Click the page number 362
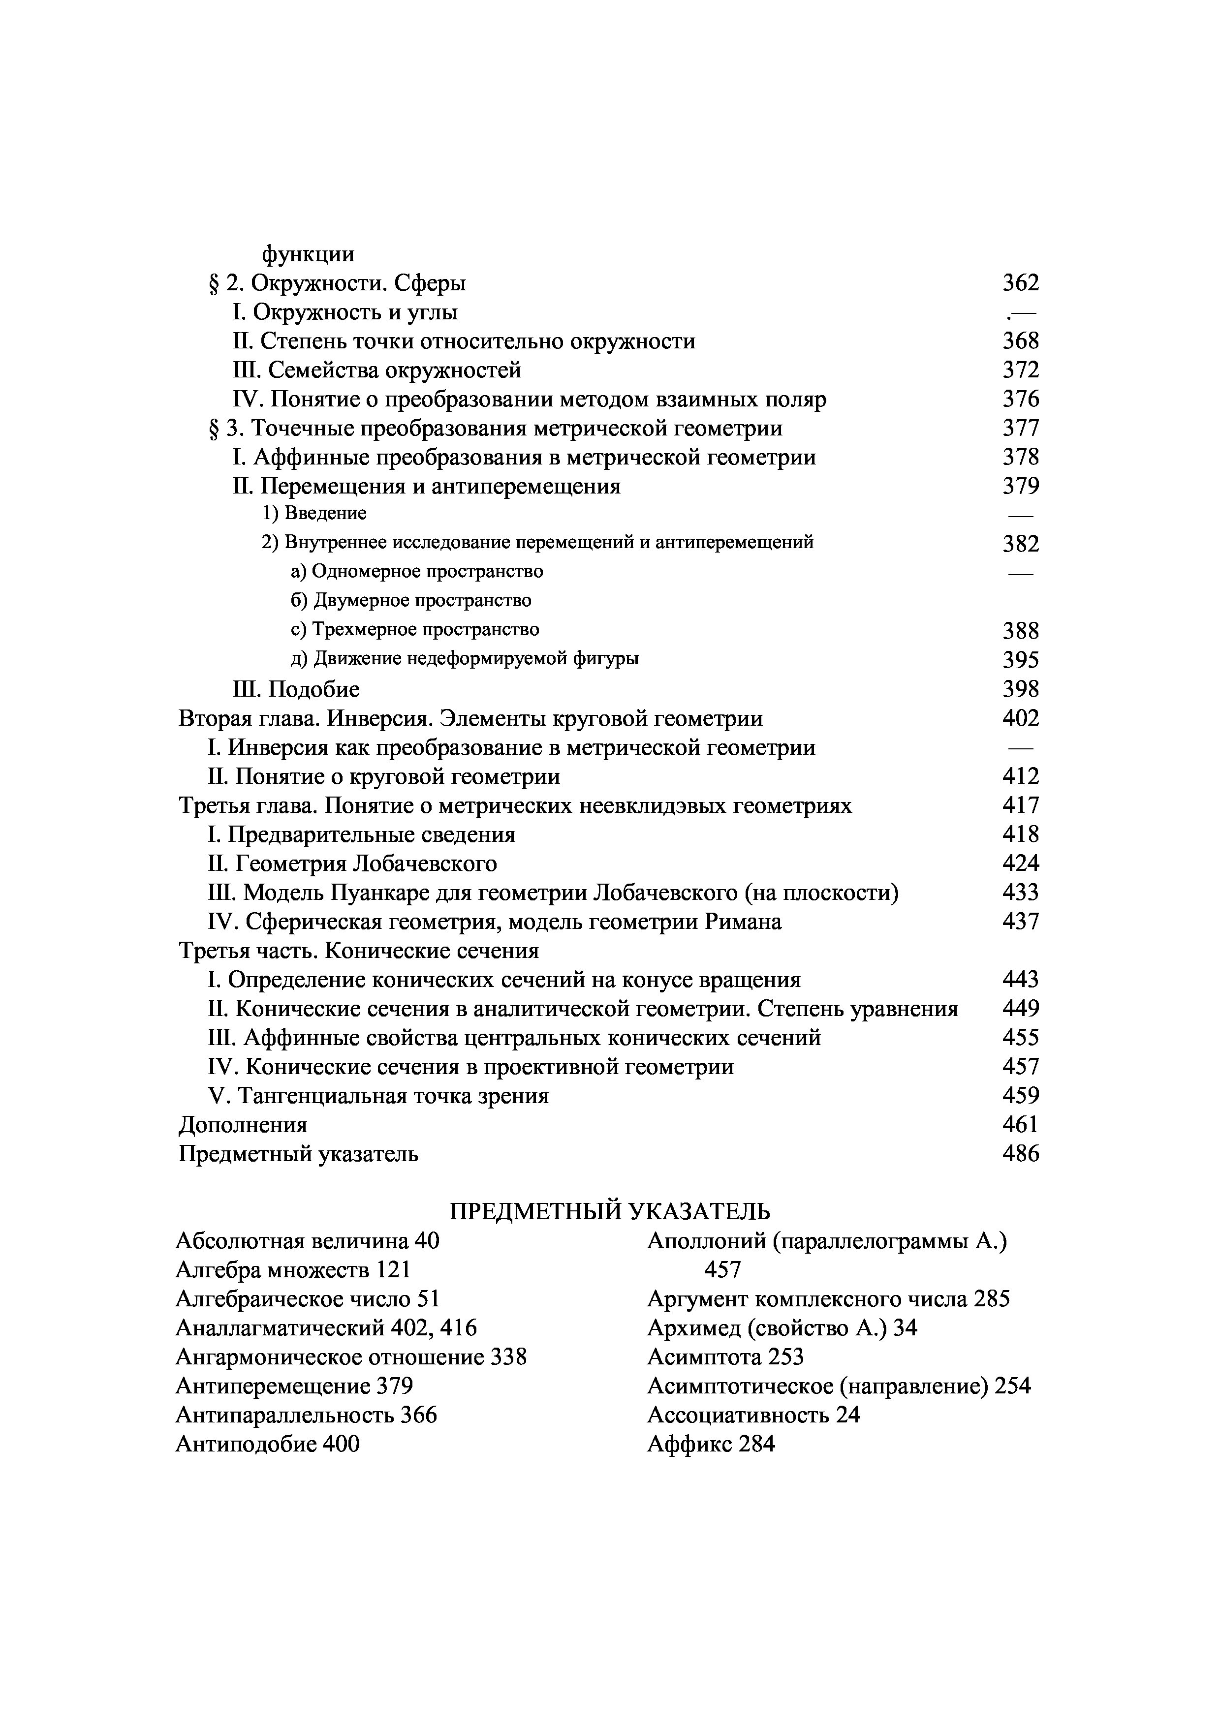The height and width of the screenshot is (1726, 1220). tap(1021, 283)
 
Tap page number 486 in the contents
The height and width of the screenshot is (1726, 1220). tap(1021, 1154)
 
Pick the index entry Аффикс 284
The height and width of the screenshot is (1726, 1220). tap(710, 1444)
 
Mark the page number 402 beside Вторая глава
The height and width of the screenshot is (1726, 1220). tap(1021, 719)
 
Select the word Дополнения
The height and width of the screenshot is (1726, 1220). tap(243, 1125)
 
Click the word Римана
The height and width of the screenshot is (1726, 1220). tap(744, 922)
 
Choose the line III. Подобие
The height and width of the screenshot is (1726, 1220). tap(296, 689)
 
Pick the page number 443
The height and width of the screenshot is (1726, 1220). tap(1021, 980)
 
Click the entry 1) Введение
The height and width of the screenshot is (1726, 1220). tap(314, 514)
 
